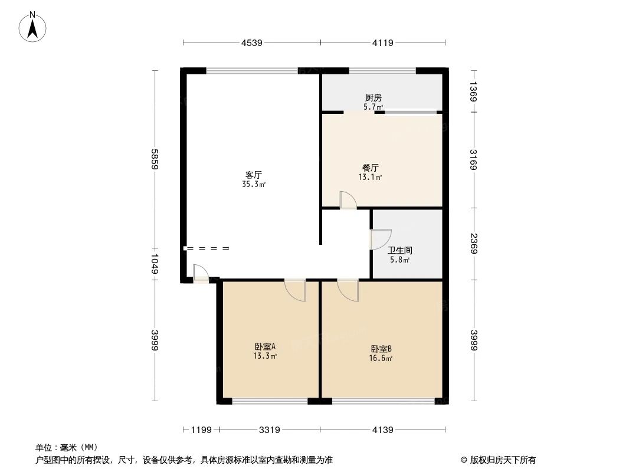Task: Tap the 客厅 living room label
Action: coord(254,175)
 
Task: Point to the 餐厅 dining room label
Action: coord(371,168)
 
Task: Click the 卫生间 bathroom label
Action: coord(400,250)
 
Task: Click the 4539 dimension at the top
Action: coord(251,42)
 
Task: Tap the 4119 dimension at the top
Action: coord(383,42)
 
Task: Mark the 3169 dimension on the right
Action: coord(474,159)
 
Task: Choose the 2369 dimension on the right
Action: coord(474,243)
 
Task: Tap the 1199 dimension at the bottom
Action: coord(201,430)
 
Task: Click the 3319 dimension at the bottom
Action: coord(269,430)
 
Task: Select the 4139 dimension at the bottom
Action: coord(382,430)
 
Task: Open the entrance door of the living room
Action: coord(201,274)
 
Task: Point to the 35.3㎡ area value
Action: coord(254,184)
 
